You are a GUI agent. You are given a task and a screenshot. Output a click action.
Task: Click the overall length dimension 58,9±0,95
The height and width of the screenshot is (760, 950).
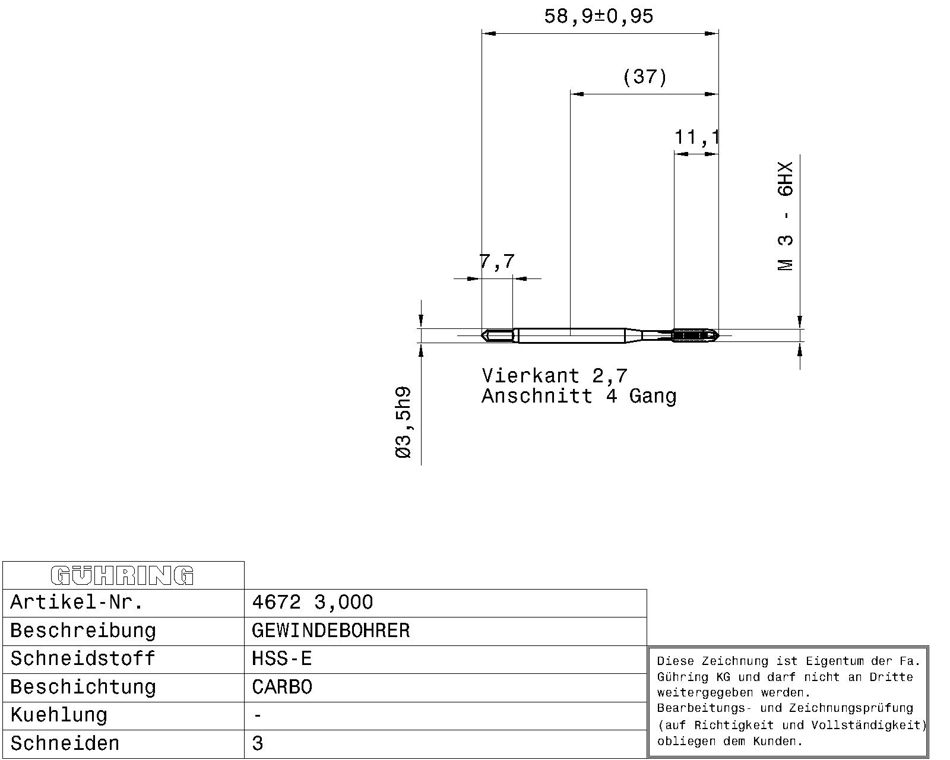[598, 17]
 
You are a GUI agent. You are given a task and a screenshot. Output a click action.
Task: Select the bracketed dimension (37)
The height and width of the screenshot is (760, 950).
[645, 77]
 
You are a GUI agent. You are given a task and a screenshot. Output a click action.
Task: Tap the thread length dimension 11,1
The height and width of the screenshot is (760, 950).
[696, 137]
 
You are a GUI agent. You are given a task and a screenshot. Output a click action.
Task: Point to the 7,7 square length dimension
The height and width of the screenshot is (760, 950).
[497, 261]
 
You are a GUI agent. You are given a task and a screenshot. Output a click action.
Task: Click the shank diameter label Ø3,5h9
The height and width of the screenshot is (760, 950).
[404, 422]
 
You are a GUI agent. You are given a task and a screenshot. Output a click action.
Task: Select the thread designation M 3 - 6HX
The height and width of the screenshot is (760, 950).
[786, 216]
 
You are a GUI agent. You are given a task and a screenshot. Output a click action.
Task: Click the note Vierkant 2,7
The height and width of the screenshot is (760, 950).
[555, 376]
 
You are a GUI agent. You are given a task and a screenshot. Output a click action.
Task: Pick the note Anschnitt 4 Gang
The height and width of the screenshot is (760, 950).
[579, 396]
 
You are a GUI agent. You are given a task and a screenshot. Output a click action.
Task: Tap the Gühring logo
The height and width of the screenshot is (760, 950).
[122, 575]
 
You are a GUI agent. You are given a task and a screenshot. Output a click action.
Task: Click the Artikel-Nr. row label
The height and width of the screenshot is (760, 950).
[77, 602]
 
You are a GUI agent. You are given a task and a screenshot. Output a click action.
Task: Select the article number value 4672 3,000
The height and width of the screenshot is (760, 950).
[312, 602]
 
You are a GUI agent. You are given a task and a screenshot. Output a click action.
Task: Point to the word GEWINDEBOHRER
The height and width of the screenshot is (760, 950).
[331, 631]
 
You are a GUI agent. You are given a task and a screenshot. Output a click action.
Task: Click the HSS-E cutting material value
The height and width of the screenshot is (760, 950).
[281, 658]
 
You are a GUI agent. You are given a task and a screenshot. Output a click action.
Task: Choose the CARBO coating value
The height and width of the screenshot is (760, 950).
[281, 687]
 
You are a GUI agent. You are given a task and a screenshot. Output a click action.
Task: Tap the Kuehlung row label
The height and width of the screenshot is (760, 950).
[59, 715]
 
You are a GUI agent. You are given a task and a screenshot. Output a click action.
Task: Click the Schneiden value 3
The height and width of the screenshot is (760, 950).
[257, 743]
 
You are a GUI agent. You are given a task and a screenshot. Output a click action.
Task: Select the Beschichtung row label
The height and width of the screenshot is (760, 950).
[83, 688]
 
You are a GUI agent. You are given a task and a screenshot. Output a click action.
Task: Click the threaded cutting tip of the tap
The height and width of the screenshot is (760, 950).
[696, 335]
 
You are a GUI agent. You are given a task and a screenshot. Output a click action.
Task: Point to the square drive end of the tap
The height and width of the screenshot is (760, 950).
[497, 335]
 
